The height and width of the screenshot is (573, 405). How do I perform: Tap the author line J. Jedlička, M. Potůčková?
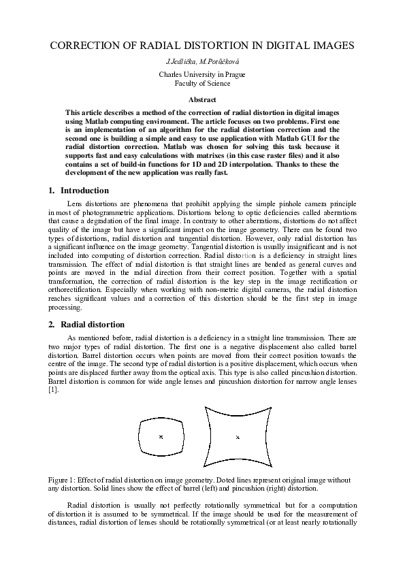point(202,62)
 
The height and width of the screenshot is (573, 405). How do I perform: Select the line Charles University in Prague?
point(202,73)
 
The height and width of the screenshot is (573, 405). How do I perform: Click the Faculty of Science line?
point(202,83)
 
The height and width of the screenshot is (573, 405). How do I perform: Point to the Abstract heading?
point(202,99)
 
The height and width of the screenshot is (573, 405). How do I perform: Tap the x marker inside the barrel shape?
point(161,437)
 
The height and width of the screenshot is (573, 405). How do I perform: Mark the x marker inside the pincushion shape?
point(238,438)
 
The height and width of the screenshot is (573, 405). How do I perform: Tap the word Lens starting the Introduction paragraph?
point(76,203)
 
